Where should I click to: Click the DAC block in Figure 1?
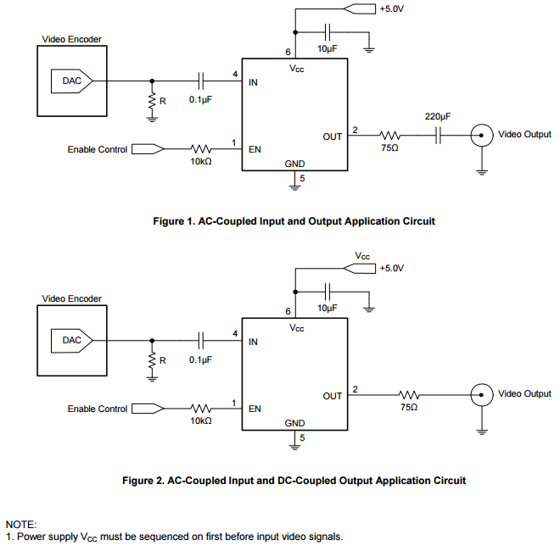tap(72, 81)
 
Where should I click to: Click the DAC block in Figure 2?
tap(72, 341)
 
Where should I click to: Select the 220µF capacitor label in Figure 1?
tap(438, 116)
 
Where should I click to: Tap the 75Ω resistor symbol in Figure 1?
tap(391, 135)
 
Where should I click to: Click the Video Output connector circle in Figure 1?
tap(482, 135)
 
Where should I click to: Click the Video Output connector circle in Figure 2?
tap(482, 394)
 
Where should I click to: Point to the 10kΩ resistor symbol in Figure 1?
tap(201, 149)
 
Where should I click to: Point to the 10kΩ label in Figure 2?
tap(201, 420)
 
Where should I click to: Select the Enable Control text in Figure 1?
tap(98, 149)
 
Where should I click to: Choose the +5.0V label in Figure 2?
tap(392, 268)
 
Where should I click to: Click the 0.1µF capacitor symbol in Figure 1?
tap(202, 81)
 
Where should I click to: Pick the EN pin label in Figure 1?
tap(255, 150)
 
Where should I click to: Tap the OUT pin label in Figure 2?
tap(333, 396)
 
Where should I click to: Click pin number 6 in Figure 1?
tap(288, 53)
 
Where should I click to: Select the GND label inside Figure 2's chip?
tap(294, 423)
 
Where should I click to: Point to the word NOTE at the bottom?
tap(21, 526)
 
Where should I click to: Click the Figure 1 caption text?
tap(294, 221)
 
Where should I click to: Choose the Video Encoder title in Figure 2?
tap(71, 298)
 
